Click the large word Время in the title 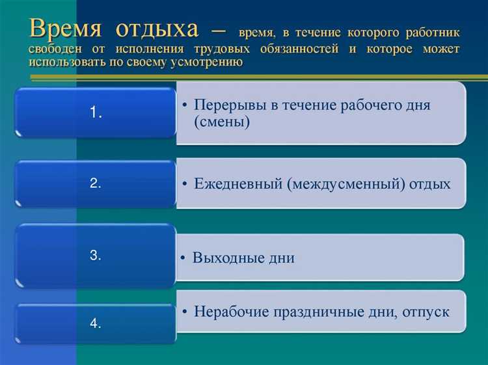tap(65, 29)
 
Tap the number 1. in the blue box tap(96, 113)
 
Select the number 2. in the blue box tap(96, 183)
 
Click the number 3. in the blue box tap(96, 256)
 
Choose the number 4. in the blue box tap(96, 323)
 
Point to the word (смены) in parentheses tap(222, 122)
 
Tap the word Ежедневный tap(237, 184)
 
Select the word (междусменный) tap(345, 184)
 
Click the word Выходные tap(224, 258)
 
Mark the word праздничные tap(311, 312)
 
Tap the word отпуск tap(426, 312)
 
